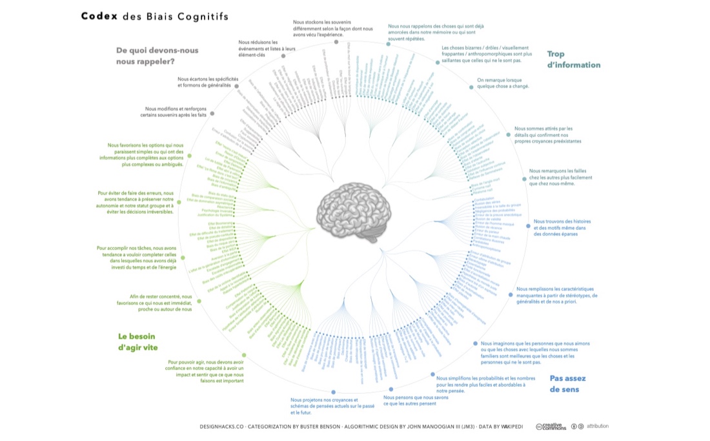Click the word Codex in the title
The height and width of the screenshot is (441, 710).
click(98, 16)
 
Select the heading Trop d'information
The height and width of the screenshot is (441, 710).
click(573, 59)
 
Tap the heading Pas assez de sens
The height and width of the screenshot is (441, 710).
click(564, 384)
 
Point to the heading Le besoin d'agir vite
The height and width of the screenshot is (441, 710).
click(137, 342)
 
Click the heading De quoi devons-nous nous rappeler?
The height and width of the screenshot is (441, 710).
click(157, 56)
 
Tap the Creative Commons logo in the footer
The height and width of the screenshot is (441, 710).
click(551, 426)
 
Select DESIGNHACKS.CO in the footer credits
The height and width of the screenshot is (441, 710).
click(221, 427)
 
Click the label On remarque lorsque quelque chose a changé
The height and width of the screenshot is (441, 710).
click(503, 83)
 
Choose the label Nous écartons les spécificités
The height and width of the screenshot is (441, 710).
click(208, 82)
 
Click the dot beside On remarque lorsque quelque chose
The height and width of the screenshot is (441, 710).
click(470, 88)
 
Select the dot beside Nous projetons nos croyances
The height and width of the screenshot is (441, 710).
click(333, 392)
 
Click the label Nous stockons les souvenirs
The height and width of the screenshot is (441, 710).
click(332, 28)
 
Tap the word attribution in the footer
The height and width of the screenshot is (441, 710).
click(597, 426)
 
